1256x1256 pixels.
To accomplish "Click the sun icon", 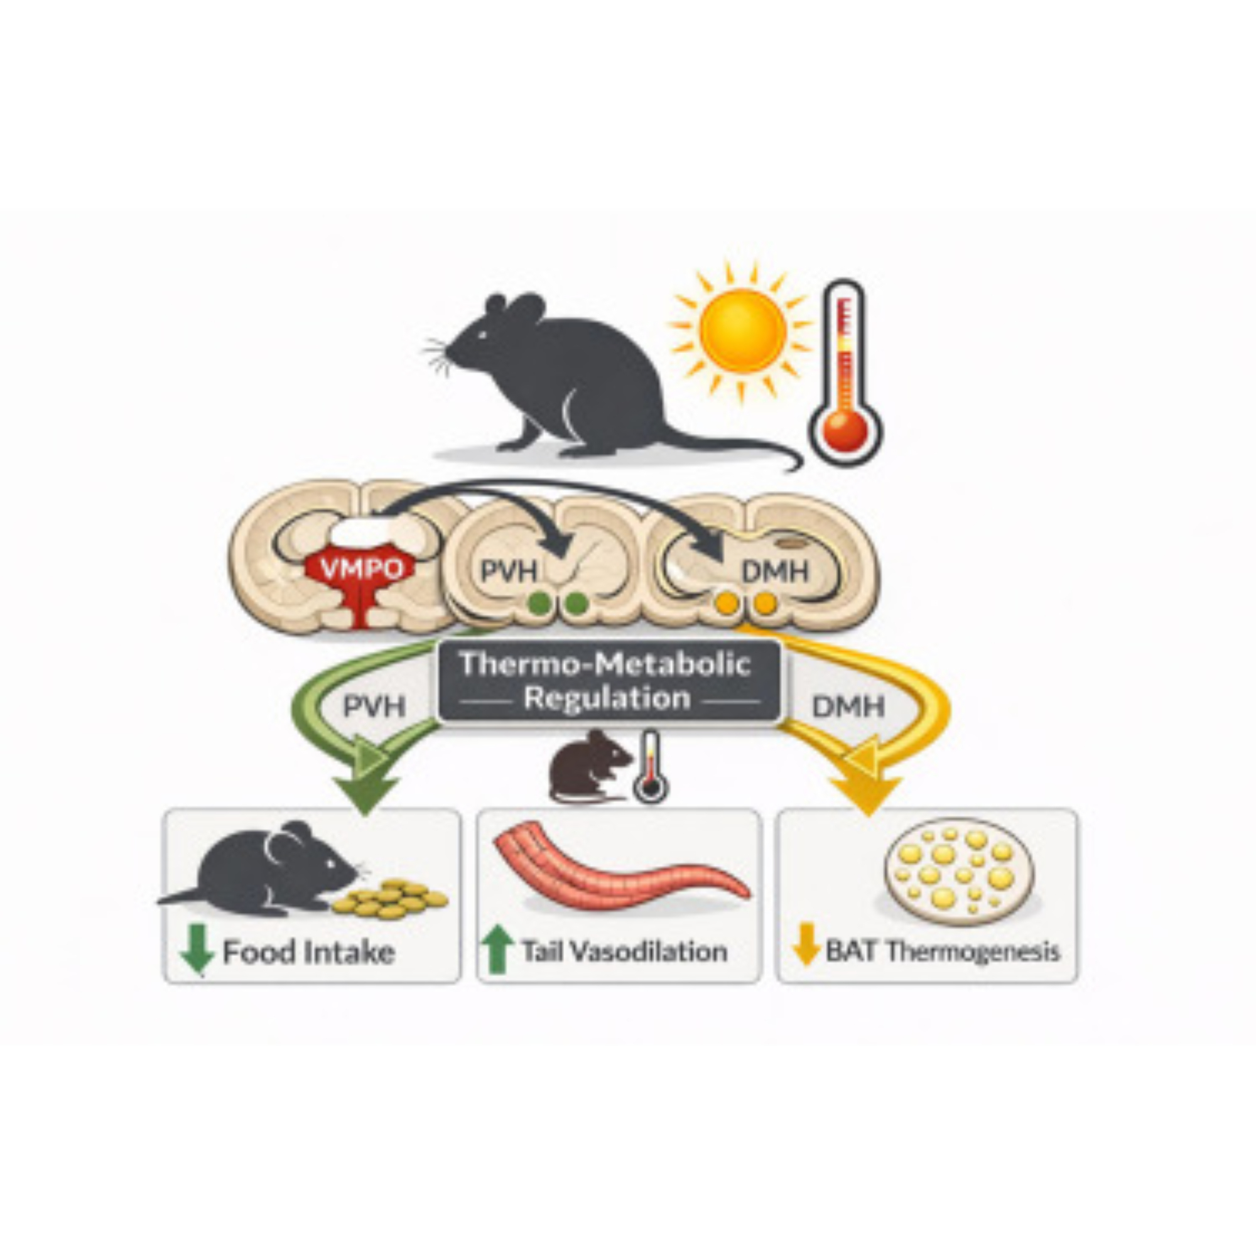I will pos(742,331).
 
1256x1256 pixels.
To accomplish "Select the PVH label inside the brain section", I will pos(509,571).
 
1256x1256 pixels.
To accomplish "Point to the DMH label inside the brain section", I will pos(775,571).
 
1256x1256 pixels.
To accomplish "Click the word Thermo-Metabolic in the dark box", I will pos(605,664).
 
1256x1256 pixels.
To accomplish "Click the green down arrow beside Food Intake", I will pos(197,951).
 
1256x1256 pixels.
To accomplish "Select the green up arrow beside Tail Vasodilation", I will pos(497,951).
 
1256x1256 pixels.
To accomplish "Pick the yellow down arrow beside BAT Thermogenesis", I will pos(806,951).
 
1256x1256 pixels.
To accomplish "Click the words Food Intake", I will pos(309,953).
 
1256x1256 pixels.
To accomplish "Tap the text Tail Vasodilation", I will pos(624,953).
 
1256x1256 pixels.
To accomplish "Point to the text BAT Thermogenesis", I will pos(943,953).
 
